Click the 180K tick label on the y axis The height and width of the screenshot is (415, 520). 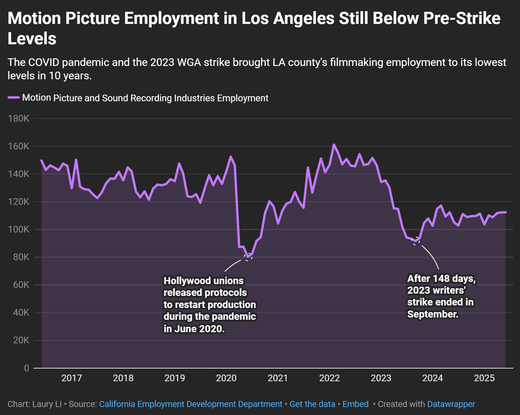[x=19, y=119]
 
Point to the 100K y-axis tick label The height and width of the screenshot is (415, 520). [x=19, y=229]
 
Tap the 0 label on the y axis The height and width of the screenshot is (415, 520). [x=26, y=368]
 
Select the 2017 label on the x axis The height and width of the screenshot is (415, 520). [x=72, y=378]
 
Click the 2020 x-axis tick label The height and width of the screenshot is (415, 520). [x=226, y=378]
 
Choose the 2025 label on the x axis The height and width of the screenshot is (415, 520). [x=484, y=378]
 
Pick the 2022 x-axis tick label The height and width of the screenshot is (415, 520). [x=329, y=378]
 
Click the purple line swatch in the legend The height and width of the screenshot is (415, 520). [x=14, y=98]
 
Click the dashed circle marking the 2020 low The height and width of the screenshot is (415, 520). [x=249, y=257]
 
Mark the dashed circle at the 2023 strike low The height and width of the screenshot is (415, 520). [x=415, y=241]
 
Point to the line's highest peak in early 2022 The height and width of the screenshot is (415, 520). [x=334, y=145]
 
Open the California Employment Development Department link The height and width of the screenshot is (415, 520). [x=191, y=404]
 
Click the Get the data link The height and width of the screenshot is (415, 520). [x=312, y=404]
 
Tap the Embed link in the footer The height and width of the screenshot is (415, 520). [x=355, y=404]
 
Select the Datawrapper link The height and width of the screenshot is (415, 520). [x=451, y=404]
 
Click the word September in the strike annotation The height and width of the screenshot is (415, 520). [x=432, y=314]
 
